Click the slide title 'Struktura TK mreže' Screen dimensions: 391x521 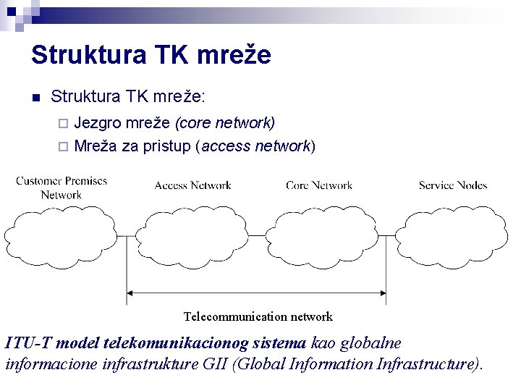pyautogui.click(x=151, y=55)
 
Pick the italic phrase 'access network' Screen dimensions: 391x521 pyautogui.click(x=256, y=146)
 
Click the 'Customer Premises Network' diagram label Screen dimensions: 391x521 pyautogui.click(x=62, y=188)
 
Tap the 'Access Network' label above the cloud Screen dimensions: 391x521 pyautogui.click(x=192, y=185)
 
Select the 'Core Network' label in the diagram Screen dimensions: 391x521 pyautogui.click(x=319, y=185)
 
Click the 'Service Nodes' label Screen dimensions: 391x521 pyautogui.click(x=453, y=185)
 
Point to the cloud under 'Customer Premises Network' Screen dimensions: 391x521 pyautogui.click(x=60, y=237)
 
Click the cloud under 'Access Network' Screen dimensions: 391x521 pyautogui.click(x=192, y=237)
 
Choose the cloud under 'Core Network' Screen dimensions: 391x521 pyautogui.click(x=321, y=237)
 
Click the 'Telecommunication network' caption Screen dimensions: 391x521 pyautogui.click(x=258, y=316)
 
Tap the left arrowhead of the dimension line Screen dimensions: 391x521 pyautogui.click(x=131, y=293)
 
